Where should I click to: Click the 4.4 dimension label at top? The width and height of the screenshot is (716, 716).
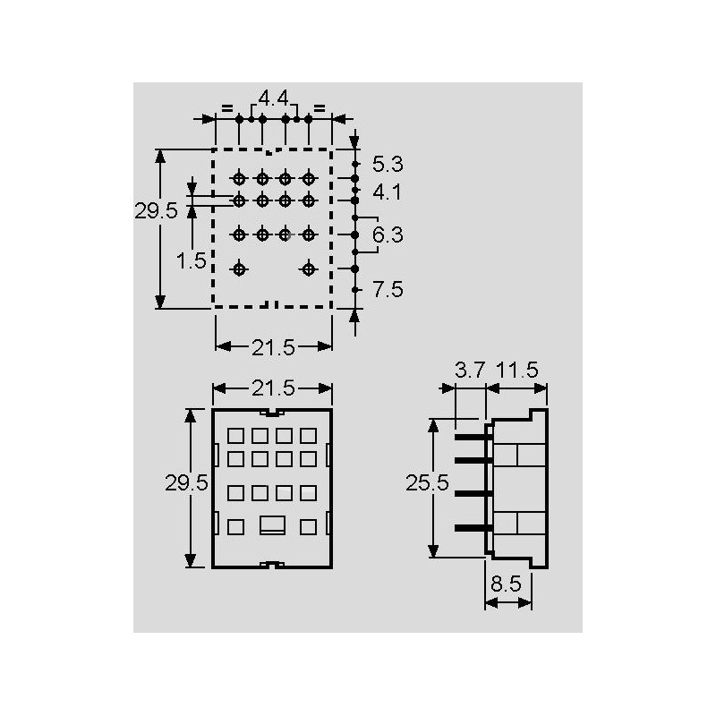click(x=274, y=98)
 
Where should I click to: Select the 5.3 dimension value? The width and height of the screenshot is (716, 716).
click(x=388, y=165)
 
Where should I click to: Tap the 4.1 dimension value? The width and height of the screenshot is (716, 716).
click(x=388, y=192)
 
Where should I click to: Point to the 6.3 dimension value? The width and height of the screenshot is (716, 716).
click(x=388, y=234)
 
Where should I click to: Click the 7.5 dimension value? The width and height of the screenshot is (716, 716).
click(x=388, y=289)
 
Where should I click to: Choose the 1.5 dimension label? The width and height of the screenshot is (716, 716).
click(x=191, y=260)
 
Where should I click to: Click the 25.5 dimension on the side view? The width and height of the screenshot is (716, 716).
click(x=428, y=482)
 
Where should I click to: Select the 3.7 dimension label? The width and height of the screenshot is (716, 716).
click(x=469, y=370)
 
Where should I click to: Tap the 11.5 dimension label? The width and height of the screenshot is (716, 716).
click(x=517, y=370)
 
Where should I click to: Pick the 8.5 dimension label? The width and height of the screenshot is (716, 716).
click(x=506, y=584)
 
